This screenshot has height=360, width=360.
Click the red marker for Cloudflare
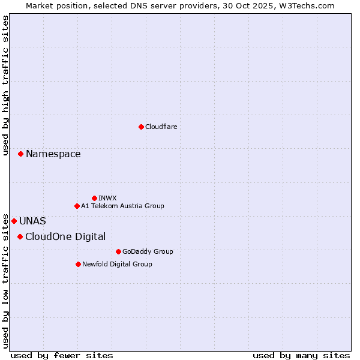click(x=141, y=127)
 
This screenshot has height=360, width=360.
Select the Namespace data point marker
click(x=20, y=154)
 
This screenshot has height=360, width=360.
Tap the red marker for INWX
click(x=94, y=198)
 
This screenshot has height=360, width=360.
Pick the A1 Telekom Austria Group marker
click(x=77, y=206)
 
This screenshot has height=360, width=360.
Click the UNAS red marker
click(x=14, y=221)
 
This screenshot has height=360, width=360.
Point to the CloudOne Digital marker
click(x=20, y=236)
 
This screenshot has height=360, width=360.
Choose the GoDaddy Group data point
click(x=118, y=251)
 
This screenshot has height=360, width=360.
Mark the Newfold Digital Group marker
click(x=78, y=264)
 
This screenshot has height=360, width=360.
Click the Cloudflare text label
click(x=161, y=127)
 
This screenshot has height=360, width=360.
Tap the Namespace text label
click(x=53, y=154)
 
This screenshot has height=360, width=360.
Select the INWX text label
click(x=107, y=198)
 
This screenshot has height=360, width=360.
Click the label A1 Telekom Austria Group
click(x=122, y=206)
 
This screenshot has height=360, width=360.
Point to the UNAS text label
click(x=32, y=221)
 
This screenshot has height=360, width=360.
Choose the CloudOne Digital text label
click(x=65, y=236)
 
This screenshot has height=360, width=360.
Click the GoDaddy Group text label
click(x=148, y=251)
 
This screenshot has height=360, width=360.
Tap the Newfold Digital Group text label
click(x=117, y=264)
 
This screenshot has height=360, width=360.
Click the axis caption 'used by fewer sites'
click(x=62, y=355)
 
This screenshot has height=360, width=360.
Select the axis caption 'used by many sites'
click(x=301, y=355)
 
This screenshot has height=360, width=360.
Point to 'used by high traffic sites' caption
click(x=5, y=85)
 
